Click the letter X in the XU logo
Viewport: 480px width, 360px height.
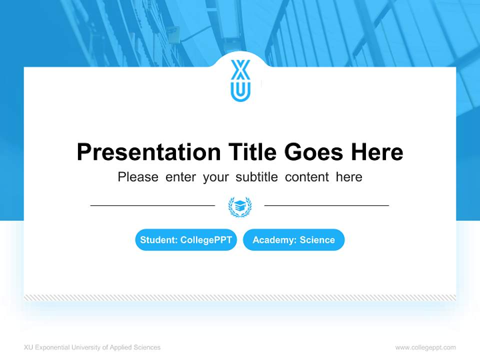(240, 70)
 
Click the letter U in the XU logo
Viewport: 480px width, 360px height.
(240, 91)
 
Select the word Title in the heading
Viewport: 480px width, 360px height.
(253, 152)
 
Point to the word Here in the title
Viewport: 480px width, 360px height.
(376, 152)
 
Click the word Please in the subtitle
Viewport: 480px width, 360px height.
(138, 177)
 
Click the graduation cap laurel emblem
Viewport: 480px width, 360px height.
(240, 206)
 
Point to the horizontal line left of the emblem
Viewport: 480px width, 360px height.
(152, 205)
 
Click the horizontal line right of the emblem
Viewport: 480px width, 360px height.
(326, 205)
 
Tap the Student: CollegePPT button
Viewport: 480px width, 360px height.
(186, 240)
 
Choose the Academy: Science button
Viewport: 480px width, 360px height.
(293, 240)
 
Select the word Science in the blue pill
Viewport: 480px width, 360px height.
(317, 240)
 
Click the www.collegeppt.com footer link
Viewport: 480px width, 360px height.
(425, 347)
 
